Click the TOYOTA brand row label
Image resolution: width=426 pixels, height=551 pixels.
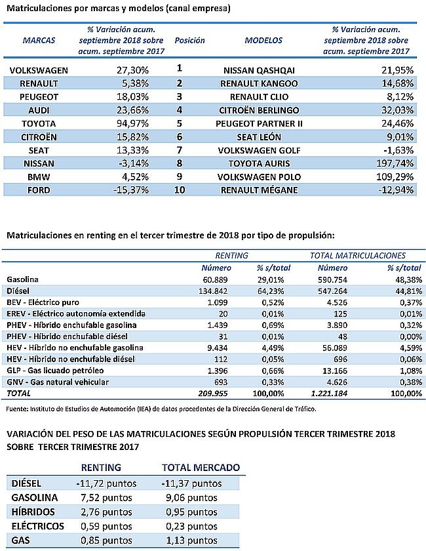(x=39, y=124)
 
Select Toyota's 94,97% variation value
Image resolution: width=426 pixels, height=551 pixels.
(x=132, y=124)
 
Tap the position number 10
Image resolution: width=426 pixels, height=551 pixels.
(x=180, y=190)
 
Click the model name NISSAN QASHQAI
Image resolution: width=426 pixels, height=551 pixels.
(x=259, y=70)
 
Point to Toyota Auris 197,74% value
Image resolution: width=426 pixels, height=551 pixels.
(x=395, y=163)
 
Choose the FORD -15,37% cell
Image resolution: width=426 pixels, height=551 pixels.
(x=130, y=190)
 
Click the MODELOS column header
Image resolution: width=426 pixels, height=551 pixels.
(x=263, y=41)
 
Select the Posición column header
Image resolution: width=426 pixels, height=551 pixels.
(x=189, y=41)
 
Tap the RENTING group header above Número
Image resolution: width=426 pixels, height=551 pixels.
(x=231, y=255)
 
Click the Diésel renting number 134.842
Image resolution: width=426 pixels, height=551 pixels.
(x=213, y=291)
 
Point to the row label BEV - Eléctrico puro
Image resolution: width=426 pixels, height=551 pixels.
(x=43, y=302)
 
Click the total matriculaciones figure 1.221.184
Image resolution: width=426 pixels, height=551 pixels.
(x=330, y=394)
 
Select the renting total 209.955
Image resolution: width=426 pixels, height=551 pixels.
(x=213, y=394)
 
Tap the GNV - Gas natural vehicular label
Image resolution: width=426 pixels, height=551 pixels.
(x=58, y=382)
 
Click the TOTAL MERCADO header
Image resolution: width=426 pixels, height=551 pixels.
(x=201, y=468)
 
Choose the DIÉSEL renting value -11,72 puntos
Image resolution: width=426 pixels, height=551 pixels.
(x=106, y=483)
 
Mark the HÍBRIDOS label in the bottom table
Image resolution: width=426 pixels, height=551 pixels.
(x=33, y=512)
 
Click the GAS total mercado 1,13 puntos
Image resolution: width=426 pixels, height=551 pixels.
(x=192, y=541)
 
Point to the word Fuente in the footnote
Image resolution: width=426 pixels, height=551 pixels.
(x=17, y=409)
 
